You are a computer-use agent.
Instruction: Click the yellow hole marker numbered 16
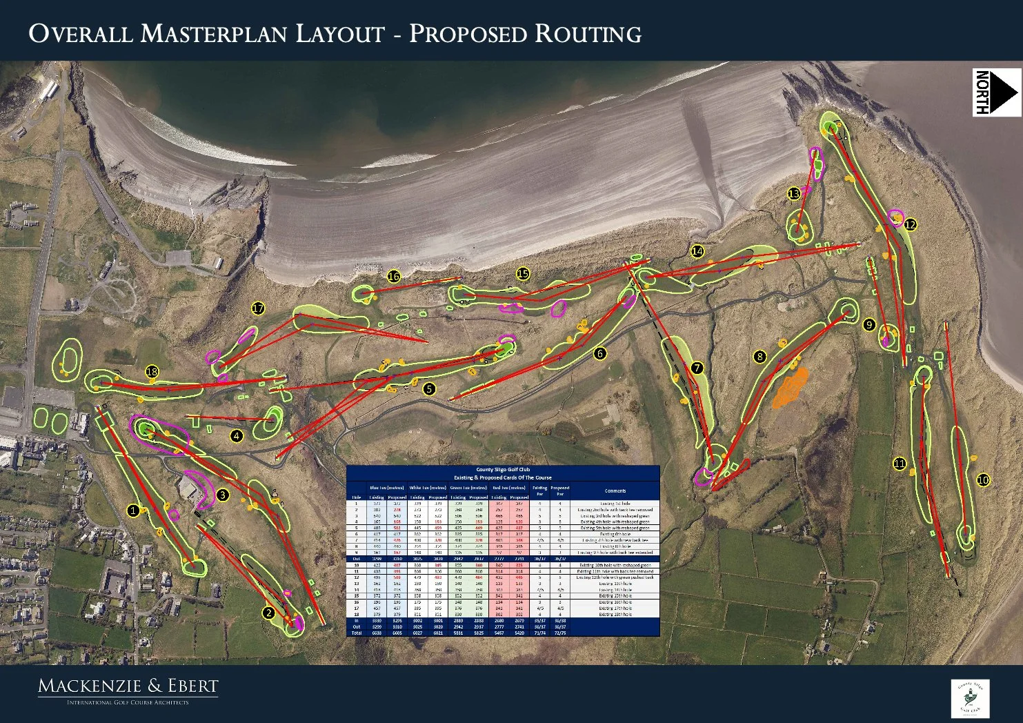tap(393, 277)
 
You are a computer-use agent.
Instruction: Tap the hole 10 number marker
tap(983, 480)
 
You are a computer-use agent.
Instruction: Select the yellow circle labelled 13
tap(794, 195)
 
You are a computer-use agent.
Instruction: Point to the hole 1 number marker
tap(133, 511)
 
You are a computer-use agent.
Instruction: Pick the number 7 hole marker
tap(697, 368)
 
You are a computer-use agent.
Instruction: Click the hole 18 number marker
tap(152, 373)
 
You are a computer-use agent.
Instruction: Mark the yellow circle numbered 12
tap(910, 224)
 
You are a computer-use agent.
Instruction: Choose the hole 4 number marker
tap(237, 436)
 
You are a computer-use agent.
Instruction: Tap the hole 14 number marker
tap(697, 251)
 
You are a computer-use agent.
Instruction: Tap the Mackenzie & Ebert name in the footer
tap(128, 686)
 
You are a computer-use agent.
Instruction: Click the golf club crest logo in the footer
tap(971, 698)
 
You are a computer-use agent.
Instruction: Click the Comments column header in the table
tap(615, 491)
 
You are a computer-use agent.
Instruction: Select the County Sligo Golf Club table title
tap(502, 470)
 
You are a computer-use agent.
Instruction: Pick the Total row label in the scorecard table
tap(357, 632)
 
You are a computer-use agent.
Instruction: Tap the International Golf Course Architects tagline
tap(128, 702)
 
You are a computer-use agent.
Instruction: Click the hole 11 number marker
tap(899, 464)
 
